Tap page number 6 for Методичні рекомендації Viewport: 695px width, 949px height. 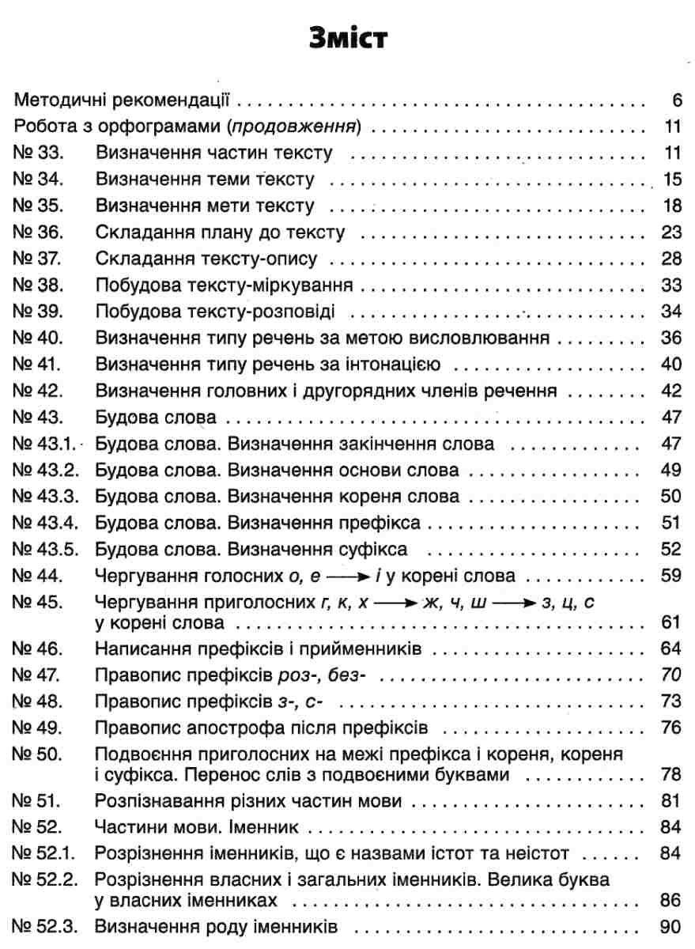675,100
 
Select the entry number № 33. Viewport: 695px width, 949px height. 38,153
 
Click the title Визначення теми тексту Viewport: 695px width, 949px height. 205,180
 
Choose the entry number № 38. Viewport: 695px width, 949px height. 38,285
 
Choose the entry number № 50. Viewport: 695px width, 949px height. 38,754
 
